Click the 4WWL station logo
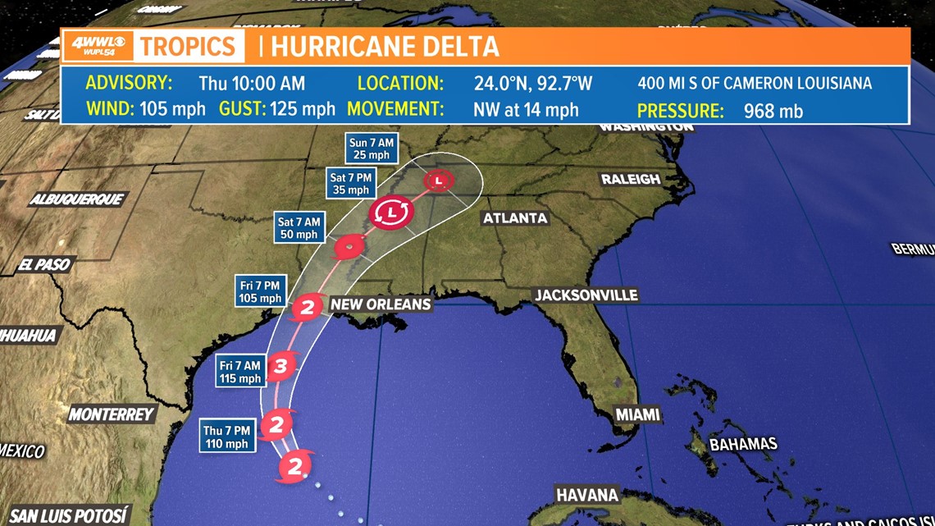[x=97, y=45]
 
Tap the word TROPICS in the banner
[x=189, y=46]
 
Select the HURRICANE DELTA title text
[x=385, y=46]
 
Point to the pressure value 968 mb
[x=773, y=110]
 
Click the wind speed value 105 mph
[x=172, y=109]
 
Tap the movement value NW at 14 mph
[x=526, y=109]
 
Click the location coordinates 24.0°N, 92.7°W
[x=533, y=83]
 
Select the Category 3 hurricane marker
[x=280, y=366]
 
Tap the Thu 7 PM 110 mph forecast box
[x=225, y=437]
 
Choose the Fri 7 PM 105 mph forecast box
[x=260, y=291]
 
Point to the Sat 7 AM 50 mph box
[x=299, y=227]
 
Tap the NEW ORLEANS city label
[x=381, y=304]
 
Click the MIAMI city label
[x=638, y=414]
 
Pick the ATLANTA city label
[x=515, y=218]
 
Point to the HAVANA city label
[x=587, y=495]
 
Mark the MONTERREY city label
[x=112, y=414]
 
